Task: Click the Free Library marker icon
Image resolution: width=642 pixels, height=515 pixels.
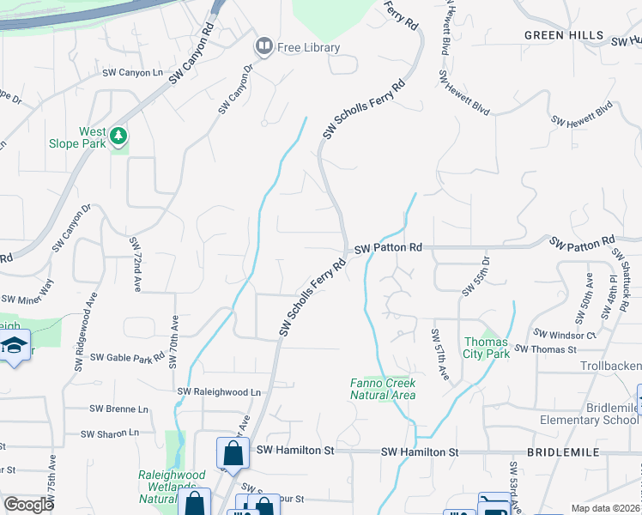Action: click(263, 47)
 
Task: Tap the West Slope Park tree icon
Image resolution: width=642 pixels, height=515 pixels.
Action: click(118, 136)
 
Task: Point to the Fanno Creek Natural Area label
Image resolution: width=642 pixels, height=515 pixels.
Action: click(383, 389)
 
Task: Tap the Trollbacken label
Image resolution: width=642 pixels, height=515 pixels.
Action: click(611, 366)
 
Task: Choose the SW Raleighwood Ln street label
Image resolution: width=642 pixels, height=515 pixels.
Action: click(219, 391)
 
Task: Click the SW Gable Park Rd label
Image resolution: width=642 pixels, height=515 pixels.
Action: click(127, 357)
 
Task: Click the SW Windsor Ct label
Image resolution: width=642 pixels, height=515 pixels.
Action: click(564, 333)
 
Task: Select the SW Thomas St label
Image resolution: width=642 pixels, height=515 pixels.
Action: click(545, 349)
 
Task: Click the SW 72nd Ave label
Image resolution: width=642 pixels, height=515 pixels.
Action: click(135, 265)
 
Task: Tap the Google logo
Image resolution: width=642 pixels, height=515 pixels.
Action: click(28, 505)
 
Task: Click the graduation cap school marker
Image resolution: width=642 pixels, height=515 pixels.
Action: click(15, 347)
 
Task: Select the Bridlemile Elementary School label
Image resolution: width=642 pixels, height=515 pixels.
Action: click(589, 413)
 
